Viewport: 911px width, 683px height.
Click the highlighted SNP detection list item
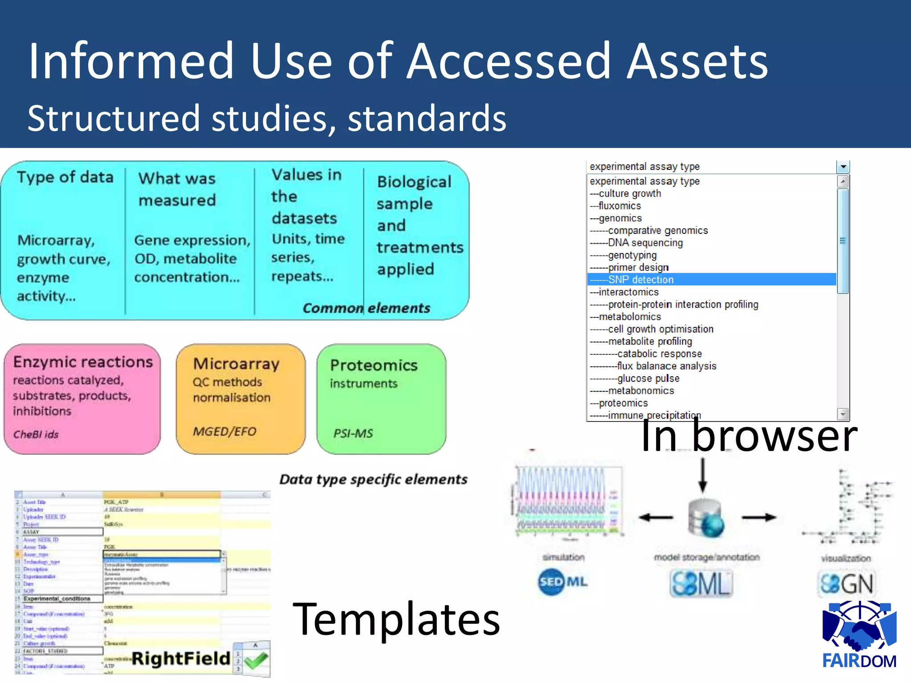point(641,280)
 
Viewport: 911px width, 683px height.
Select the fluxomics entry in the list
point(620,206)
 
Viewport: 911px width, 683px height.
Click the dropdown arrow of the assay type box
point(842,167)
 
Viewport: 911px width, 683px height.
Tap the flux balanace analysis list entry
point(666,366)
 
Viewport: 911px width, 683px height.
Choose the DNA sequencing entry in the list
point(645,243)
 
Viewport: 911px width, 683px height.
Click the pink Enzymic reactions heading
point(83,362)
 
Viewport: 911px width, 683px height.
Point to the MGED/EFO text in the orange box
point(225,431)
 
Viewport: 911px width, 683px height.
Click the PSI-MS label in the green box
point(353,433)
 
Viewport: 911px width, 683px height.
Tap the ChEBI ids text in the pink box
point(36,434)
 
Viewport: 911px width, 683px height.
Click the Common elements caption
point(366,308)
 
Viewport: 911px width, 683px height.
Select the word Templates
point(396,619)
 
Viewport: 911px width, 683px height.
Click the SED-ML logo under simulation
point(563,582)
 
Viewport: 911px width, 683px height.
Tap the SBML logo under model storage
point(701,583)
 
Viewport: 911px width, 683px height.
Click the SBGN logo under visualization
point(847,583)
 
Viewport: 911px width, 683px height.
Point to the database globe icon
point(706,518)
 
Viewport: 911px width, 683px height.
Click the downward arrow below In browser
point(702,476)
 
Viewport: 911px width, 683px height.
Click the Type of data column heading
point(65,177)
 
